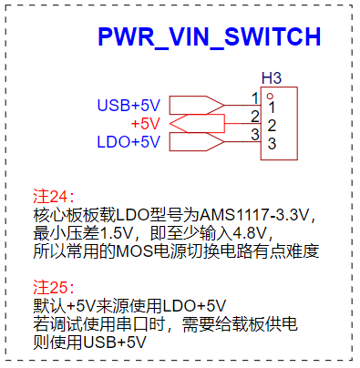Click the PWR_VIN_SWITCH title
(210, 36)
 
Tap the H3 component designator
(272, 78)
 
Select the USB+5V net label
(129, 106)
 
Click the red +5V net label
(146, 124)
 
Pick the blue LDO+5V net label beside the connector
(129, 142)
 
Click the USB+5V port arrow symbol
(197, 106)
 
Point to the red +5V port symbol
(197, 124)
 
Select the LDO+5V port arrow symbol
(197, 142)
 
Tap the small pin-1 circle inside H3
(270, 97)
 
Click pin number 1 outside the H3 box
(255, 98)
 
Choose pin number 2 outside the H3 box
(255, 117)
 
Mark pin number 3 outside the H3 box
(255, 135)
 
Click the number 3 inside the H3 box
(272, 144)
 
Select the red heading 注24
(54, 197)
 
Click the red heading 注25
(54, 287)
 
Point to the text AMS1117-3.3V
(254, 215)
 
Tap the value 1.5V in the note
(117, 233)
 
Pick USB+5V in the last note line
(115, 342)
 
